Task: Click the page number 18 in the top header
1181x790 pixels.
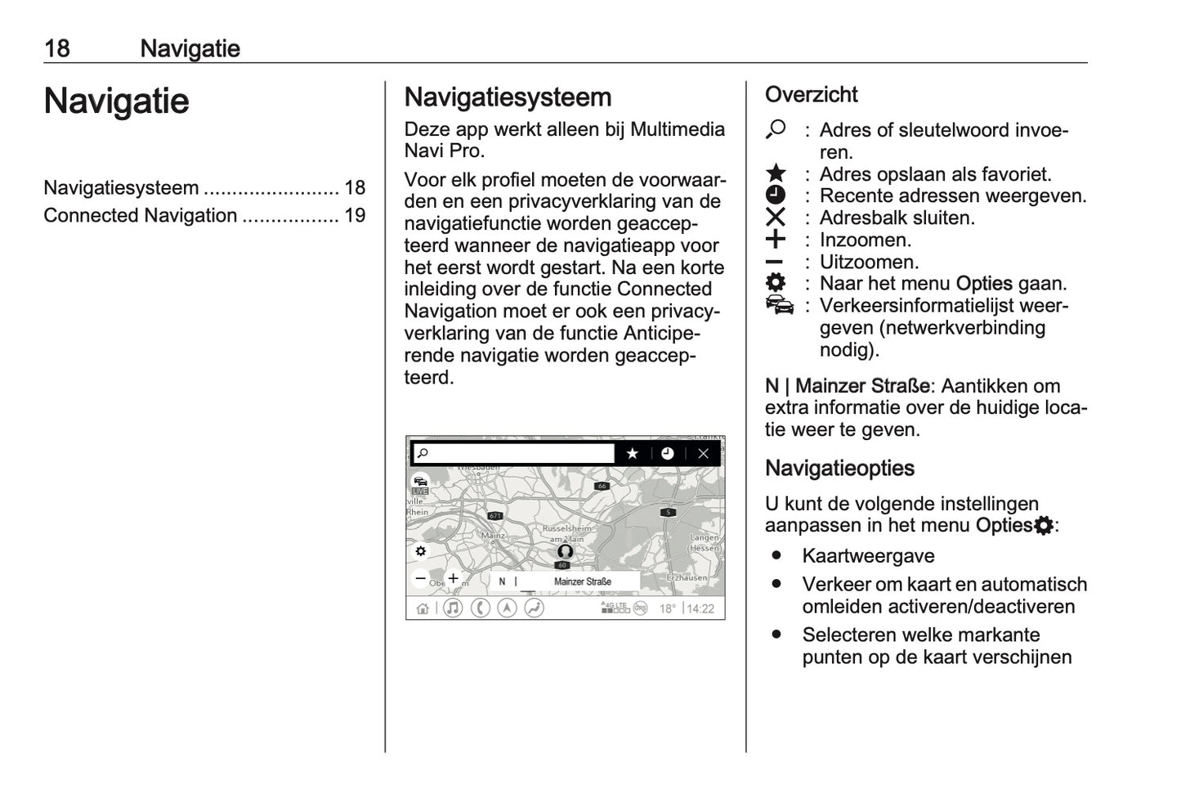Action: [57, 48]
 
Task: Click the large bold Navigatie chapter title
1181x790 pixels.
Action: [116, 101]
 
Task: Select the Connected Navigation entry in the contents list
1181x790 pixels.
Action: [140, 216]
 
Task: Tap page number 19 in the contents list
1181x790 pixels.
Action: [354, 216]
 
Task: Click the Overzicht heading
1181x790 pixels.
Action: [811, 95]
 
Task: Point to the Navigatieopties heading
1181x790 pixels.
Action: [839, 469]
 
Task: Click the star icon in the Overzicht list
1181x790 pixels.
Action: [776, 173]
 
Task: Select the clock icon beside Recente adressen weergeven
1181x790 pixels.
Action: [776, 195]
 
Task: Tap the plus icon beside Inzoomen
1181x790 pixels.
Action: [776, 240]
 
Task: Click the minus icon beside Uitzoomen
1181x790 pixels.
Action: [775, 263]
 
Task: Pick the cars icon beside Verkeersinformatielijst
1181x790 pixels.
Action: [779, 306]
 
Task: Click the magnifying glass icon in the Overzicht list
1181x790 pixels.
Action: [776, 129]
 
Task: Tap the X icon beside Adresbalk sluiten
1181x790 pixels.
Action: [776, 218]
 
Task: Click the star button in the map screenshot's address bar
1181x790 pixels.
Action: [632, 453]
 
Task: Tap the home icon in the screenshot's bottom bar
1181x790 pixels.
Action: [423, 608]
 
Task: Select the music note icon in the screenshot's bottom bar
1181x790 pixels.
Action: [453, 608]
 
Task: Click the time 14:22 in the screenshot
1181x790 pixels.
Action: [700, 609]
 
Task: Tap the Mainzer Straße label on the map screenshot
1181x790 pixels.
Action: [582, 581]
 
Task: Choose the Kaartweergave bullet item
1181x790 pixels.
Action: [868, 556]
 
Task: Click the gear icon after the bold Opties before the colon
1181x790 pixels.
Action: [1044, 526]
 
